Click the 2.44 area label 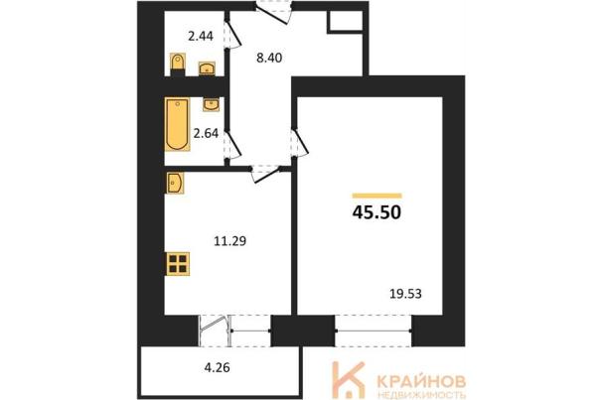point(201,37)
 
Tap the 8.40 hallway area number point(269,58)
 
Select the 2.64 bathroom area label point(206,133)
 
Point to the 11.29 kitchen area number point(230,241)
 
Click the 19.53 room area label point(405,294)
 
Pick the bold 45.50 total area point(376,212)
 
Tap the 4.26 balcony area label point(217,368)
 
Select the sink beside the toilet point(207,68)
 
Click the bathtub point(178,124)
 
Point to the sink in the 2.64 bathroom point(211,104)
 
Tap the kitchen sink point(175,183)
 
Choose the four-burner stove point(178,264)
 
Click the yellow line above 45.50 point(376,196)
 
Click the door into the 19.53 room point(300,142)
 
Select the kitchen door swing point(266,174)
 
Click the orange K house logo point(348,380)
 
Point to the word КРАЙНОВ point(421,381)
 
